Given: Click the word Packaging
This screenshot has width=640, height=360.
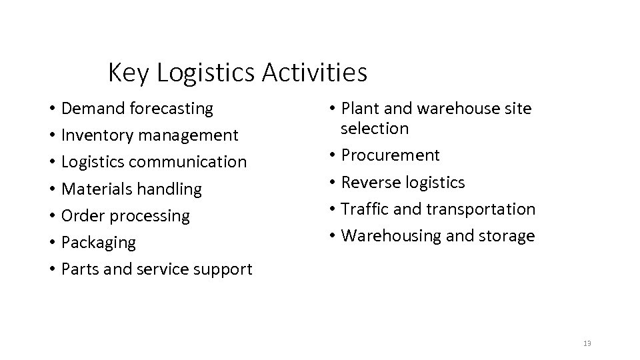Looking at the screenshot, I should [98, 243].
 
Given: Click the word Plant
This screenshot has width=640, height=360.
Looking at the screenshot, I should [361, 108].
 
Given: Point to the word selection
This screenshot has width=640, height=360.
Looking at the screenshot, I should [374, 128].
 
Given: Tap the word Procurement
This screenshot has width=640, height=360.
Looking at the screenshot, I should [391, 155].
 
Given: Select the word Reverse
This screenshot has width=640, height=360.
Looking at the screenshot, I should [369, 182].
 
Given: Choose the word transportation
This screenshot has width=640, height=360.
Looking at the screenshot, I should [481, 209].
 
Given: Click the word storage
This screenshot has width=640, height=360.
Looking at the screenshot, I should [505, 236].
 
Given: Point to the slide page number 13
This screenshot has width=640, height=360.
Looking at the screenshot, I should [587, 343].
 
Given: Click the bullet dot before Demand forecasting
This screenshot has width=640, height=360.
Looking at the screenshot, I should [51, 109].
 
